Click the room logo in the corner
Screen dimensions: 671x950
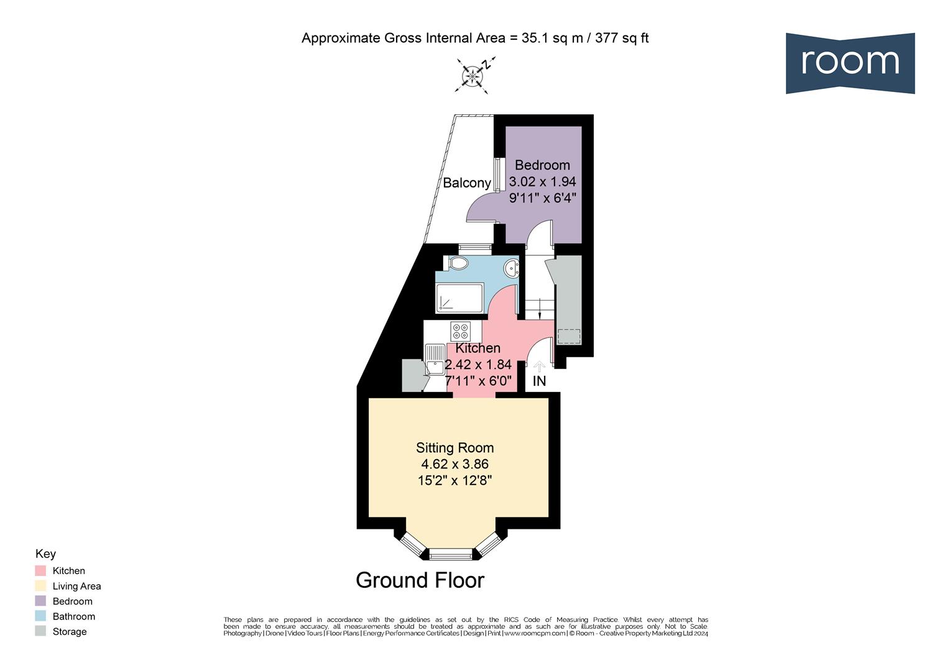(x=849, y=63)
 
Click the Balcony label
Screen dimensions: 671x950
(x=466, y=183)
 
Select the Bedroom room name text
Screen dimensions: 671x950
(x=542, y=165)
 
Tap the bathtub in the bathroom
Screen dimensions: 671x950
(x=459, y=298)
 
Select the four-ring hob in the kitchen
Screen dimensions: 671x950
(x=461, y=331)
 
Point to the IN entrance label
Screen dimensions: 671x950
(x=539, y=381)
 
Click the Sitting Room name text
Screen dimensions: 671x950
(x=454, y=448)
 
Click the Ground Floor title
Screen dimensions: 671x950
(x=420, y=580)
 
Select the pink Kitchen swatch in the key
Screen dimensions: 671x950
(x=40, y=570)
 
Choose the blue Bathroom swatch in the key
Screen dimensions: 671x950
(x=40, y=616)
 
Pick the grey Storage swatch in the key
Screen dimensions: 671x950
(x=40, y=631)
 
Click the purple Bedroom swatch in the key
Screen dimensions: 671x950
(x=40, y=601)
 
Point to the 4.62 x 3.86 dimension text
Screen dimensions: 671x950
(x=454, y=464)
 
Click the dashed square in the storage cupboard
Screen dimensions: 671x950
(x=568, y=335)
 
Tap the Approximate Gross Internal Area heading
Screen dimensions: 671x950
(x=475, y=38)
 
